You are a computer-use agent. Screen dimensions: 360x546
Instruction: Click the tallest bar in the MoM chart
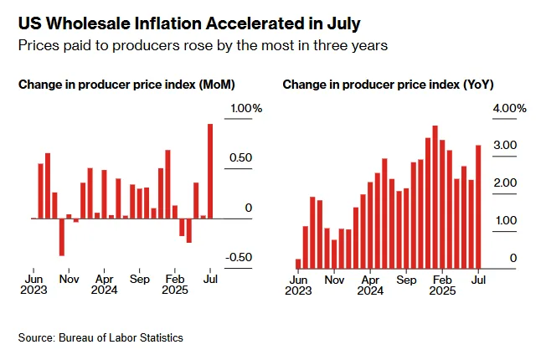click(210, 171)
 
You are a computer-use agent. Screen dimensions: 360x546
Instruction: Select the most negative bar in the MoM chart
click(61, 237)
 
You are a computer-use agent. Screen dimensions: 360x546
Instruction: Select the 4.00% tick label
click(509, 109)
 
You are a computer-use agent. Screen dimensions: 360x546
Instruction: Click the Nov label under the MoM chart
click(69, 279)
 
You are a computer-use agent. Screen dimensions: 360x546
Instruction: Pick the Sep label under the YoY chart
click(405, 279)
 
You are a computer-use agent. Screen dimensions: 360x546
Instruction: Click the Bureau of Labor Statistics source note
click(120, 337)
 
